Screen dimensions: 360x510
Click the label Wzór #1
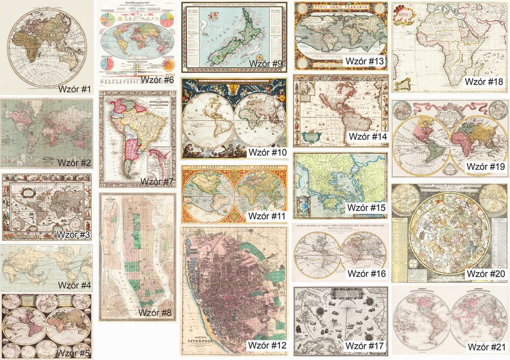(x=75, y=89)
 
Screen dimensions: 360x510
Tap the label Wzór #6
(x=157, y=80)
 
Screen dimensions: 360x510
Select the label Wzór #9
(x=266, y=63)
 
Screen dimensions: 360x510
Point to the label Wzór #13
(x=365, y=61)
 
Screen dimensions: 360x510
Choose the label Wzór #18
(x=484, y=81)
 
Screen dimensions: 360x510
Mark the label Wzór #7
(x=157, y=182)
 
